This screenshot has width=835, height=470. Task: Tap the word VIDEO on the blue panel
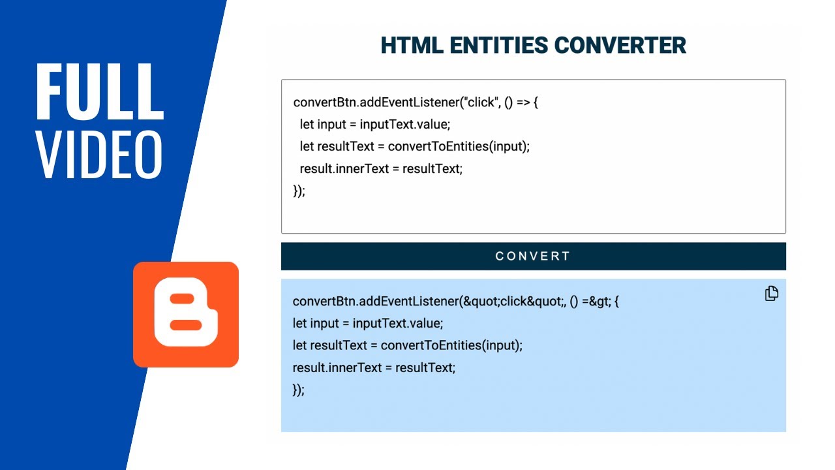click(99, 155)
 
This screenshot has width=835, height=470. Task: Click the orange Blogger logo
click(186, 314)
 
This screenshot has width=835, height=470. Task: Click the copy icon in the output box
click(771, 294)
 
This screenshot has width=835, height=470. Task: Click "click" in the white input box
click(480, 102)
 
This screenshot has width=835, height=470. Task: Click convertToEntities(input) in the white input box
click(458, 146)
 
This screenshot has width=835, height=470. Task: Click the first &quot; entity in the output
click(481, 301)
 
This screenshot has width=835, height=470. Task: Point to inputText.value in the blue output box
click(397, 323)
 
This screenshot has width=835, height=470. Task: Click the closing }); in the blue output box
click(298, 390)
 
